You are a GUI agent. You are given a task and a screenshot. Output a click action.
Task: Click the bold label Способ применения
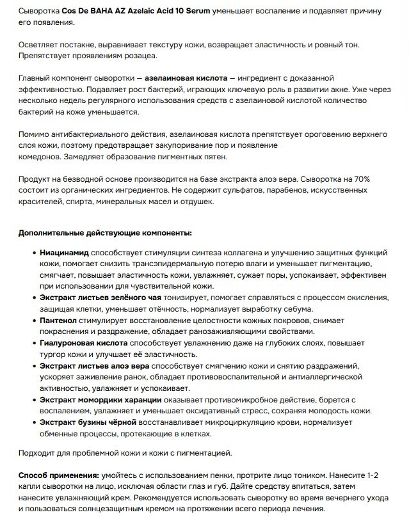[x=58, y=476]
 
